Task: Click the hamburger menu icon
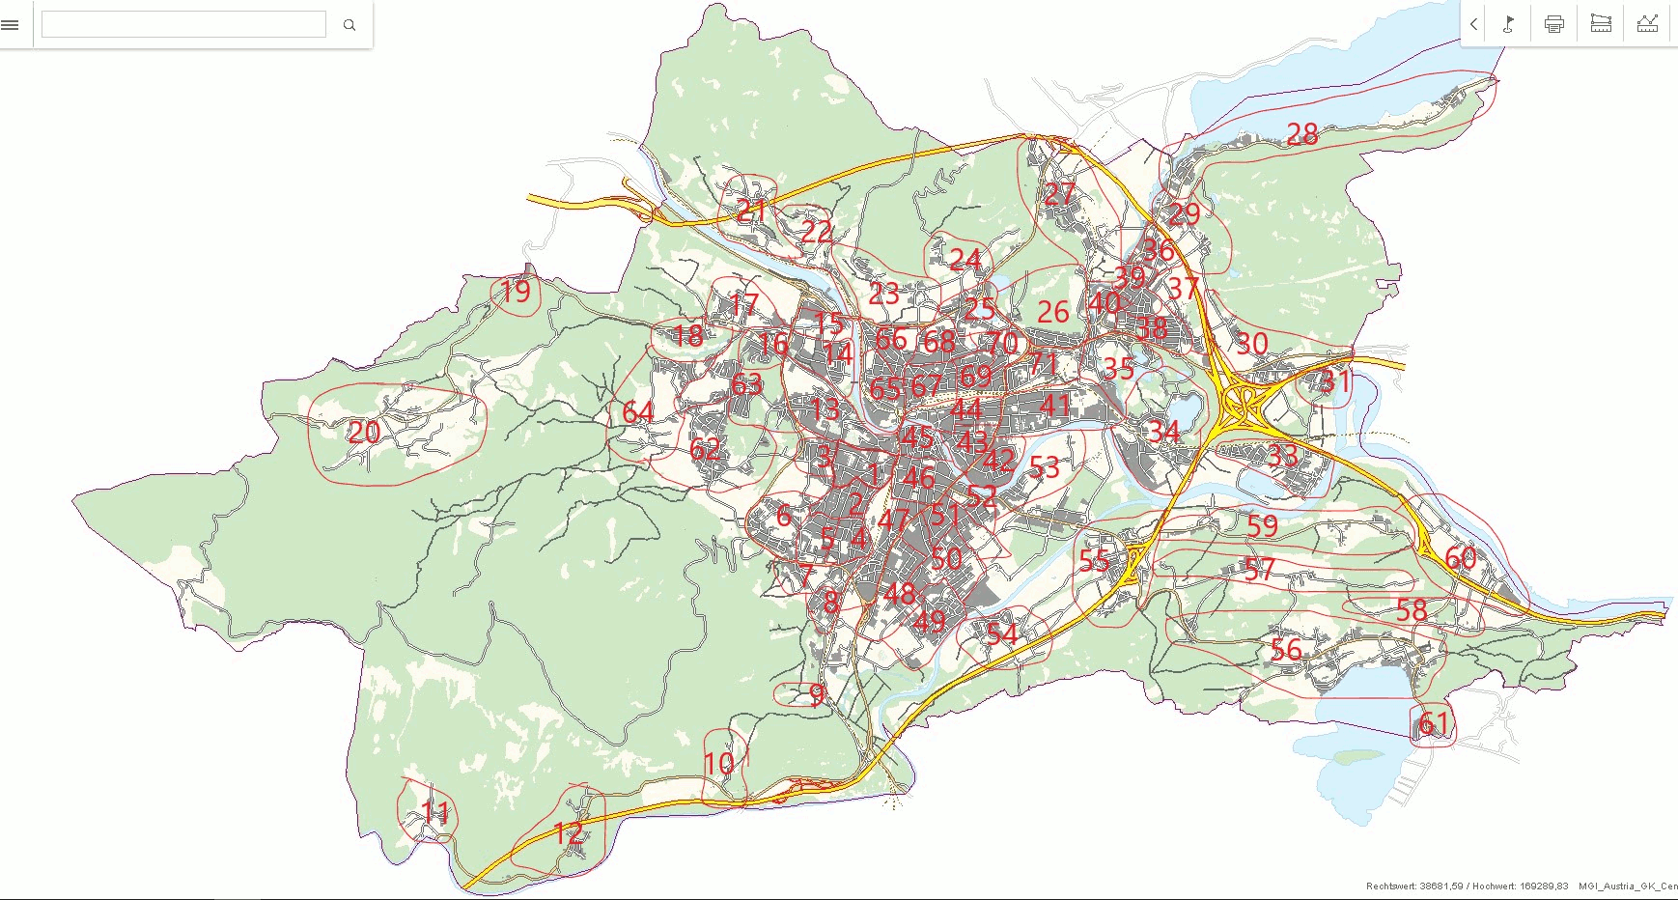(x=11, y=25)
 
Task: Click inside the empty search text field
(x=183, y=25)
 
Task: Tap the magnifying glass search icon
(x=350, y=25)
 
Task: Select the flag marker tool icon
(x=1508, y=24)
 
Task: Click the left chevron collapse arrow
(x=1473, y=24)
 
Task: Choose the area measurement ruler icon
(x=1601, y=24)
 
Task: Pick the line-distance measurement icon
(x=1647, y=24)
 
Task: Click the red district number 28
(x=1301, y=134)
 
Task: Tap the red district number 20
(x=364, y=432)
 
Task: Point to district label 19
(x=516, y=291)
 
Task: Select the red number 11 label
(x=435, y=812)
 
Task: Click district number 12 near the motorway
(x=569, y=832)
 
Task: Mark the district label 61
(x=1434, y=723)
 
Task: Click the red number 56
(x=1286, y=650)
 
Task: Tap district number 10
(x=719, y=764)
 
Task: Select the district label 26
(x=1052, y=312)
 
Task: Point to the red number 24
(x=965, y=259)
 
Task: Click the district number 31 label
(x=1335, y=381)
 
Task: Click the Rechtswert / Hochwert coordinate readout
(x=1467, y=886)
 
